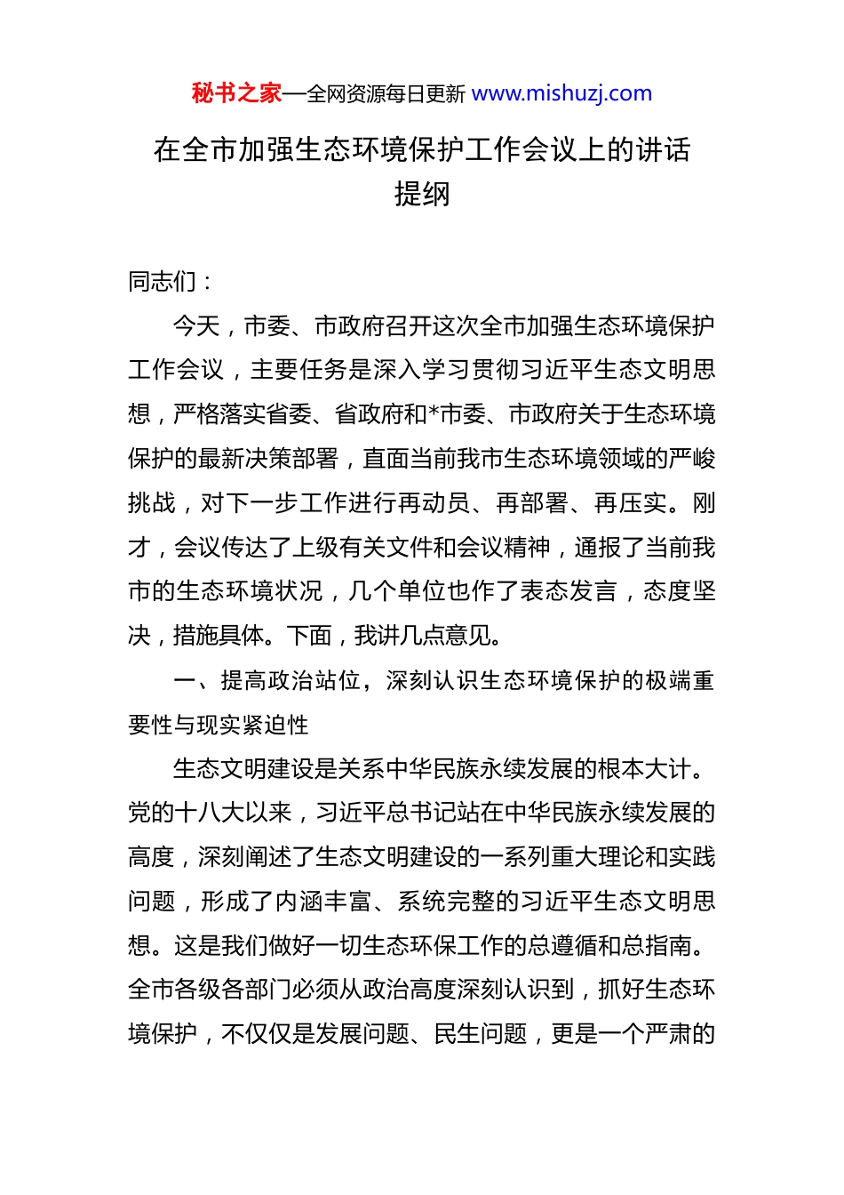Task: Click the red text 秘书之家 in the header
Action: point(236,93)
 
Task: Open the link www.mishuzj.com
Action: point(561,93)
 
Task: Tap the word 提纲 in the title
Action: point(422,194)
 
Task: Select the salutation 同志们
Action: point(163,282)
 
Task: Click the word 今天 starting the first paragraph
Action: point(196,326)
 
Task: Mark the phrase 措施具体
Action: point(219,636)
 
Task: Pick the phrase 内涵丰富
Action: point(323,902)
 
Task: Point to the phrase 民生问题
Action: point(481,1034)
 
